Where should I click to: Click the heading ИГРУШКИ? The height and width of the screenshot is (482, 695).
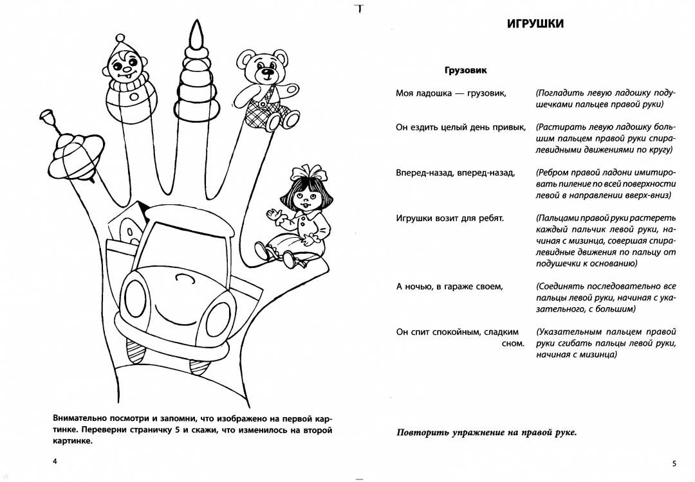pos(535,24)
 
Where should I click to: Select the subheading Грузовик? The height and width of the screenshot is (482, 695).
pos(465,70)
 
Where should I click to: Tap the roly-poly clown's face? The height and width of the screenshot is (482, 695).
pos(125,65)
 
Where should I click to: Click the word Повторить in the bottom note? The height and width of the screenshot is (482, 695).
pos(422,432)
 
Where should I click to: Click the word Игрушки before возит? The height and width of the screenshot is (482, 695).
pos(416,219)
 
